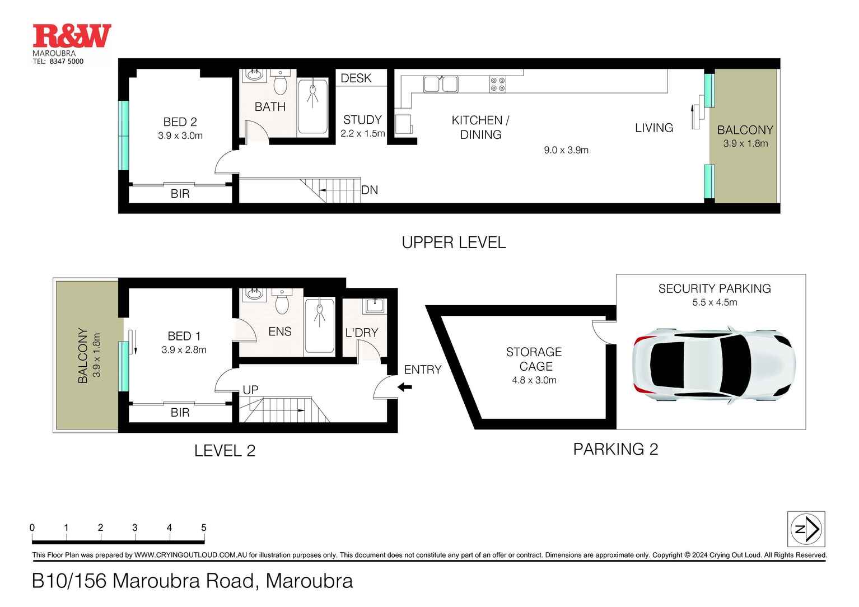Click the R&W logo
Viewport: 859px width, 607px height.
pyautogui.click(x=72, y=37)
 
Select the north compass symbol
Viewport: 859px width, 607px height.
pyautogui.click(x=806, y=529)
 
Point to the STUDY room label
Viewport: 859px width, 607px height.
pyautogui.click(x=362, y=120)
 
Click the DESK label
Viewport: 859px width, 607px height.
pyautogui.click(x=356, y=78)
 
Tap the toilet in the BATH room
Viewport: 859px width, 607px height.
pyautogui.click(x=280, y=84)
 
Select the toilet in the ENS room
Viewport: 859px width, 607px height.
pyautogui.click(x=282, y=303)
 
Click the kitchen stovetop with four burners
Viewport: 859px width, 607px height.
pyautogui.click(x=498, y=85)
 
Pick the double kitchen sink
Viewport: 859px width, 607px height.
pyautogui.click(x=441, y=84)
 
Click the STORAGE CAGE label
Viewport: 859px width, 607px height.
pyautogui.click(x=534, y=359)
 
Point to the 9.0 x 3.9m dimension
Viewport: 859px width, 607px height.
pyautogui.click(x=566, y=150)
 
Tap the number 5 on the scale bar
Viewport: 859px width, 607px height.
pyautogui.click(x=203, y=527)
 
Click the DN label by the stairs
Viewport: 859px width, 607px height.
pyautogui.click(x=370, y=190)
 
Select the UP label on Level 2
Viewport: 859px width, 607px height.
pyautogui.click(x=250, y=390)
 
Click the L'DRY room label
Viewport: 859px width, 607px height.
pyautogui.click(x=362, y=333)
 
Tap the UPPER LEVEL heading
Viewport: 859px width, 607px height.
pyautogui.click(x=454, y=242)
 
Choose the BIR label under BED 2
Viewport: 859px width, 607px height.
pyautogui.click(x=180, y=194)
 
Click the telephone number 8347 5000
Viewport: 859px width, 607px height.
pyautogui.click(x=66, y=62)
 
